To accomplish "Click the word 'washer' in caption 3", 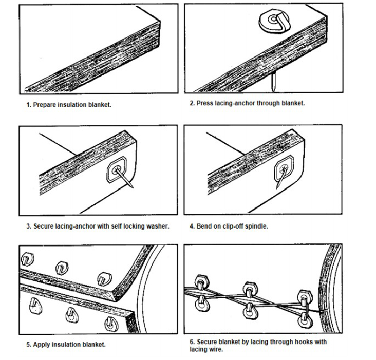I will [x=156, y=226].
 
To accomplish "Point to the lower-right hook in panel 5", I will [x=109, y=324].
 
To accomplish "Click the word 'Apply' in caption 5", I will [x=42, y=344].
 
